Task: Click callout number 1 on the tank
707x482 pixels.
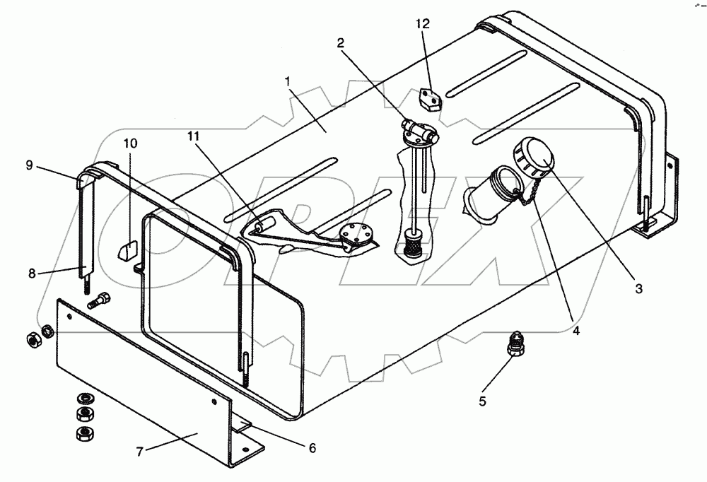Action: point(288,83)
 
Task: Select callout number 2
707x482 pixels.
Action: point(341,43)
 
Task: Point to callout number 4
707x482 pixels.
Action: point(576,330)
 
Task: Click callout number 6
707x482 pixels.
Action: point(312,448)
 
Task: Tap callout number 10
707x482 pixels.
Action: point(130,143)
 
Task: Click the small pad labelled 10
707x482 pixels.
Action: point(127,251)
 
